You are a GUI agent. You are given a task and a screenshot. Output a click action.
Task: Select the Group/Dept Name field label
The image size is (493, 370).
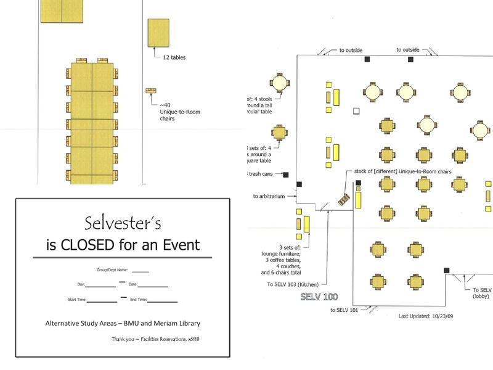point(111,270)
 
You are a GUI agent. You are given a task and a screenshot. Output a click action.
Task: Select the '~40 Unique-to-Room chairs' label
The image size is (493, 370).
point(180,112)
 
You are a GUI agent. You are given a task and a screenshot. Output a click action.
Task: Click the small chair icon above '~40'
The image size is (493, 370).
point(150,91)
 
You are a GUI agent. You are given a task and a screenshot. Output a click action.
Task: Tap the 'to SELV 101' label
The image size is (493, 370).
point(343,310)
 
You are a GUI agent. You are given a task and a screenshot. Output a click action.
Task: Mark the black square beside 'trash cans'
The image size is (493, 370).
point(286,174)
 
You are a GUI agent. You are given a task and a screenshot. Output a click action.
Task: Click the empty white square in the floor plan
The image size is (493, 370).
point(356,111)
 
